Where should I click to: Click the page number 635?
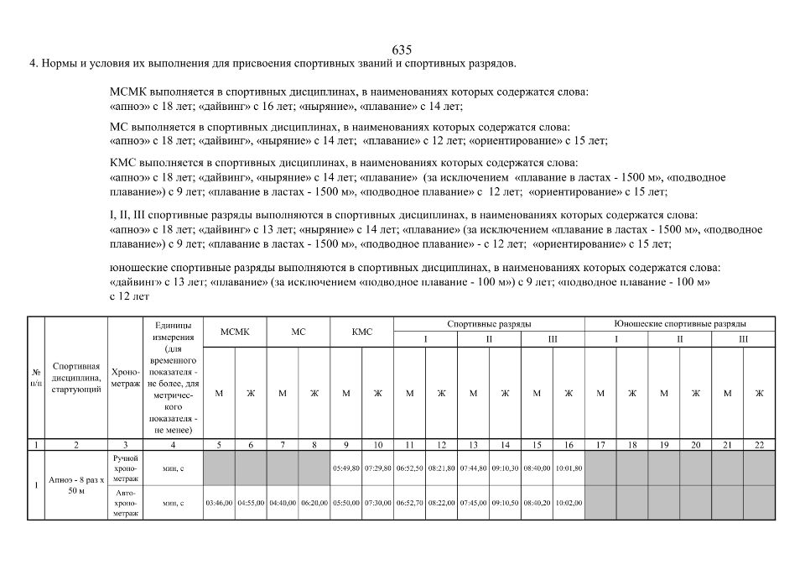pyautogui.click(x=402, y=49)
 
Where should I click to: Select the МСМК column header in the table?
pyautogui.click(x=235, y=332)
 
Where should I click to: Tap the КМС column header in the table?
pyautogui.click(x=362, y=332)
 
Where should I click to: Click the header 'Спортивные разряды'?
pyautogui.click(x=489, y=323)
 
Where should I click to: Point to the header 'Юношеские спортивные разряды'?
pyautogui.click(x=680, y=323)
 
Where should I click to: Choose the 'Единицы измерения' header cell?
pyautogui.click(x=173, y=377)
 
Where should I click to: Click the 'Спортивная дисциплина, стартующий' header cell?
pyautogui.click(x=76, y=377)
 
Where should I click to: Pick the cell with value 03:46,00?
pyautogui.click(x=219, y=503)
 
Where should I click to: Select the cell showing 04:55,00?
pyautogui.click(x=251, y=503)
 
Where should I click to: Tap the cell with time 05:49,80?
pyautogui.click(x=346, y=468)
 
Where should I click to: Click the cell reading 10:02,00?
pyautogui.click(x=569, y=503)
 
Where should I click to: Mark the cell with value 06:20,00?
pyautogui.click(x=314, y=503)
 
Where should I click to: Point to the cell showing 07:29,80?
pyautogui.click(x=378, y=468)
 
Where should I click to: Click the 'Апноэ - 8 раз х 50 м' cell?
pyautogui.click(x=76, y=485)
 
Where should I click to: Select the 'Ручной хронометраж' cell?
pyautogui.click(x=125, y=468)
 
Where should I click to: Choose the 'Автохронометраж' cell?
pyautogui.click(x=125, y=503)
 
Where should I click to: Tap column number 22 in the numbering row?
pyautogui.click(x=759, y=444)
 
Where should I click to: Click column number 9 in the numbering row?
pyautogui.click(x=346, y=444)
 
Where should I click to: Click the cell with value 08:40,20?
pyautogui.click(x=537, y=503)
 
